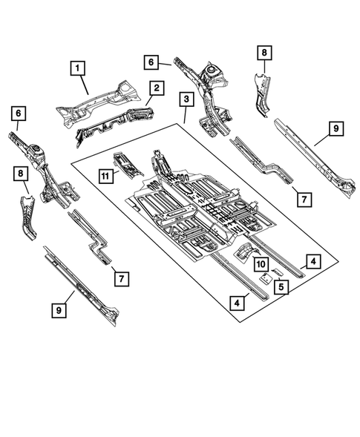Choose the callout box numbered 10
261,265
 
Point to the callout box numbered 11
106,174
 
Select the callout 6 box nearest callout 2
152,63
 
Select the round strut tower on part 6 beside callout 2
213,71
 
